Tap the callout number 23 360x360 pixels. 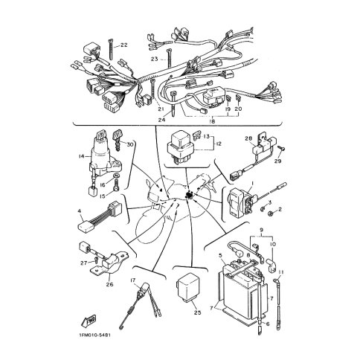tap(155, 59)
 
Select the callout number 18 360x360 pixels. tap(213, 121)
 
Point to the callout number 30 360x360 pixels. tap(130, 144)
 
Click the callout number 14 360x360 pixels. tap(81, 156)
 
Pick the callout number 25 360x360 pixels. tap(197, 312)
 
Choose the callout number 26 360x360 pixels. tap(109, 284)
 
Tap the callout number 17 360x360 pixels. tap(133, 280)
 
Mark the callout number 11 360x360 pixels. tap(280, 272)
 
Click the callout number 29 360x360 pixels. tap(278, 161)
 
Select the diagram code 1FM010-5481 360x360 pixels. tap(95, 335)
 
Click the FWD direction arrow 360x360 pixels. tap(89, 321)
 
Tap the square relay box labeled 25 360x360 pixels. tap(189, 287)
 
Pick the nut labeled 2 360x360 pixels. tap(271, 213)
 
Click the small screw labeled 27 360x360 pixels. tap(97, 260)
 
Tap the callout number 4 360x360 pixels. tap(80, 211)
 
